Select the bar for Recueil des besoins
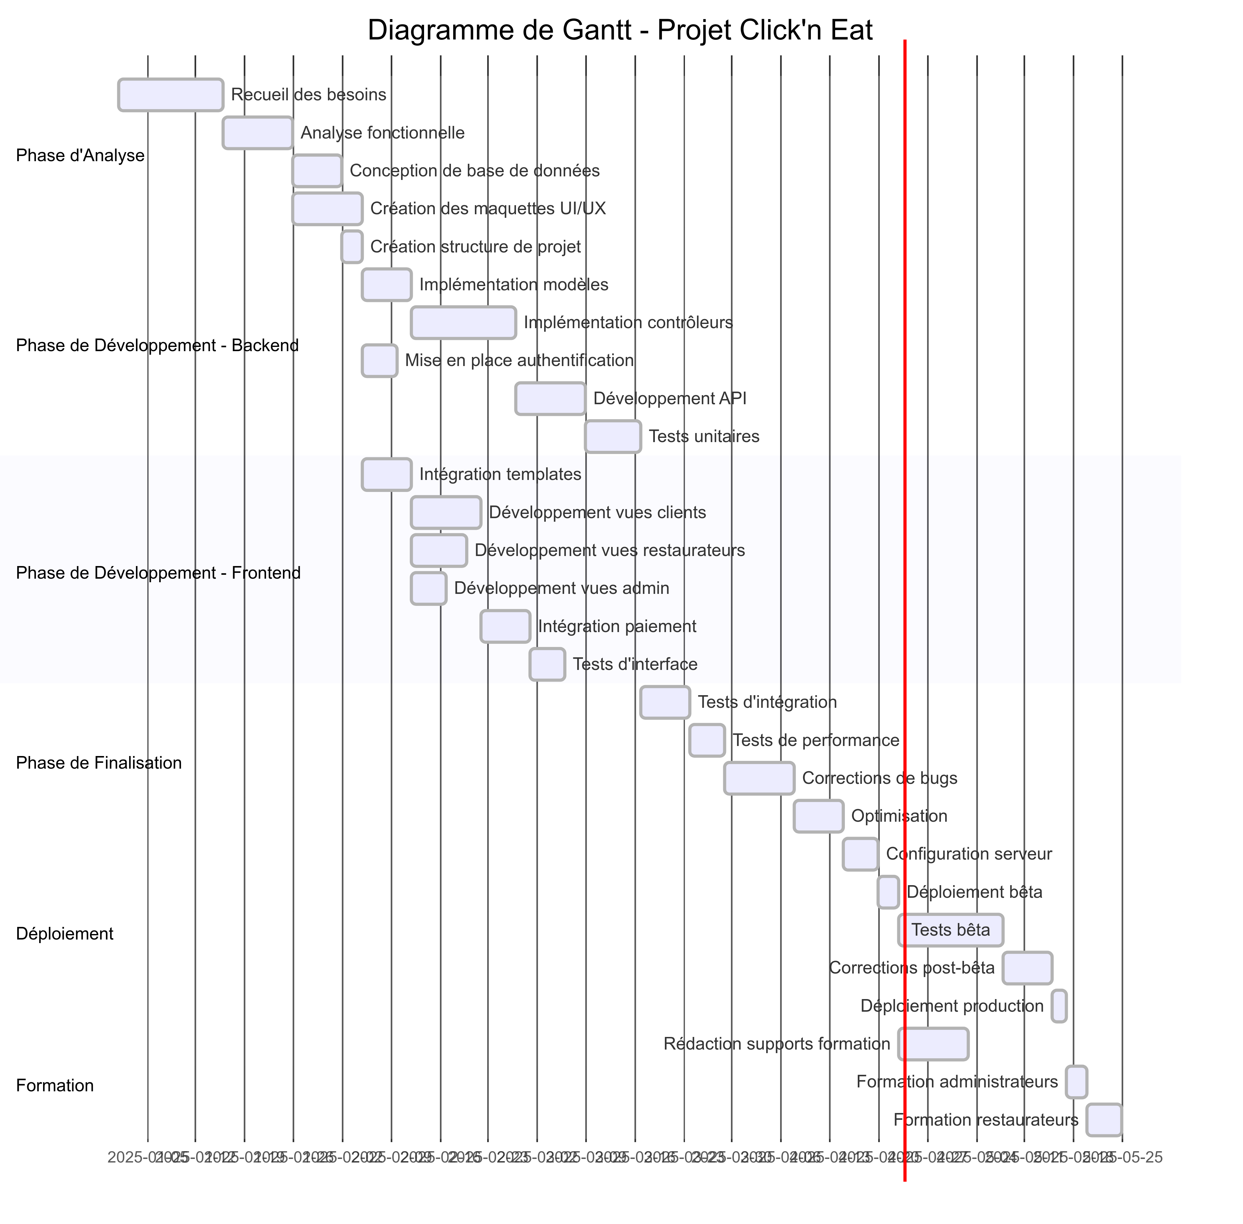point(170,95)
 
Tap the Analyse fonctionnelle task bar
point(257,133)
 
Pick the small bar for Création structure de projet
point(352,247)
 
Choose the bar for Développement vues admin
point(428,588)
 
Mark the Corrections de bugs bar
point(759,778)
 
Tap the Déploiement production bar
point(1058,1006)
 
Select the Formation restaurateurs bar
point(1103,1120)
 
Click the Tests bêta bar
point(950,930)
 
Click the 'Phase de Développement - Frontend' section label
point(158,573)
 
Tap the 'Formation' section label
point(55,1086)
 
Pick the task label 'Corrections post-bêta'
point(911,968)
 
